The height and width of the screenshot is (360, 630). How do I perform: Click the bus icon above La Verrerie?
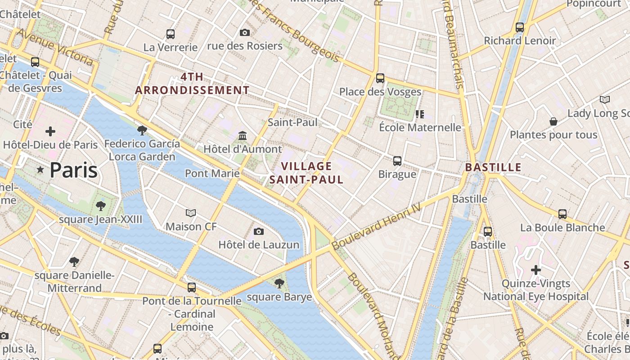(171, 34)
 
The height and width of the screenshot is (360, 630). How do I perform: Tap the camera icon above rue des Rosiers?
(245, 32)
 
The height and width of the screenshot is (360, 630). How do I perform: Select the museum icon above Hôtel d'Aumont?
(243, 135)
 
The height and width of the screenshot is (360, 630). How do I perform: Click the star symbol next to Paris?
(40, 170)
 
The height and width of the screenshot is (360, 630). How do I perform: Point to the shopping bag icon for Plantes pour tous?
(553, 121)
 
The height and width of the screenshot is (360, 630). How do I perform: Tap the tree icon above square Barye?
(279, 283)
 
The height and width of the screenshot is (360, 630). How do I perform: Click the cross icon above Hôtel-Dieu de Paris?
(50, 131)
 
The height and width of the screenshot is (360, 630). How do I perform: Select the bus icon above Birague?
(397, 161)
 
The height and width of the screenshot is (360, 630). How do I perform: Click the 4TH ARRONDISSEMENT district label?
(192, 84)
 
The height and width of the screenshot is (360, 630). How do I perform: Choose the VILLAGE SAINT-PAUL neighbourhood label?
(306, 173)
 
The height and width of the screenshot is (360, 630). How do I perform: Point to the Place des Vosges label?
(380, 92)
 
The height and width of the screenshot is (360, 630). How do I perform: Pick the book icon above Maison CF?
(191, 213)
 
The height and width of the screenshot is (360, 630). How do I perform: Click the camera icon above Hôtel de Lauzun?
(259, 231)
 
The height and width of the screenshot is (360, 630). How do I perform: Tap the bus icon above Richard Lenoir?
(520, 27)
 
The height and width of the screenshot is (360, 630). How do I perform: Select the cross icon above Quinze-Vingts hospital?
(535, 270)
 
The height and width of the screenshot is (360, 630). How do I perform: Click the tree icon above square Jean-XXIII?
(101, 206)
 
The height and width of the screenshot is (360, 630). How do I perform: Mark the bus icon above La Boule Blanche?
(562, 214)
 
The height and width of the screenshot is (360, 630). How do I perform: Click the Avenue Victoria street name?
(54, 47)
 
